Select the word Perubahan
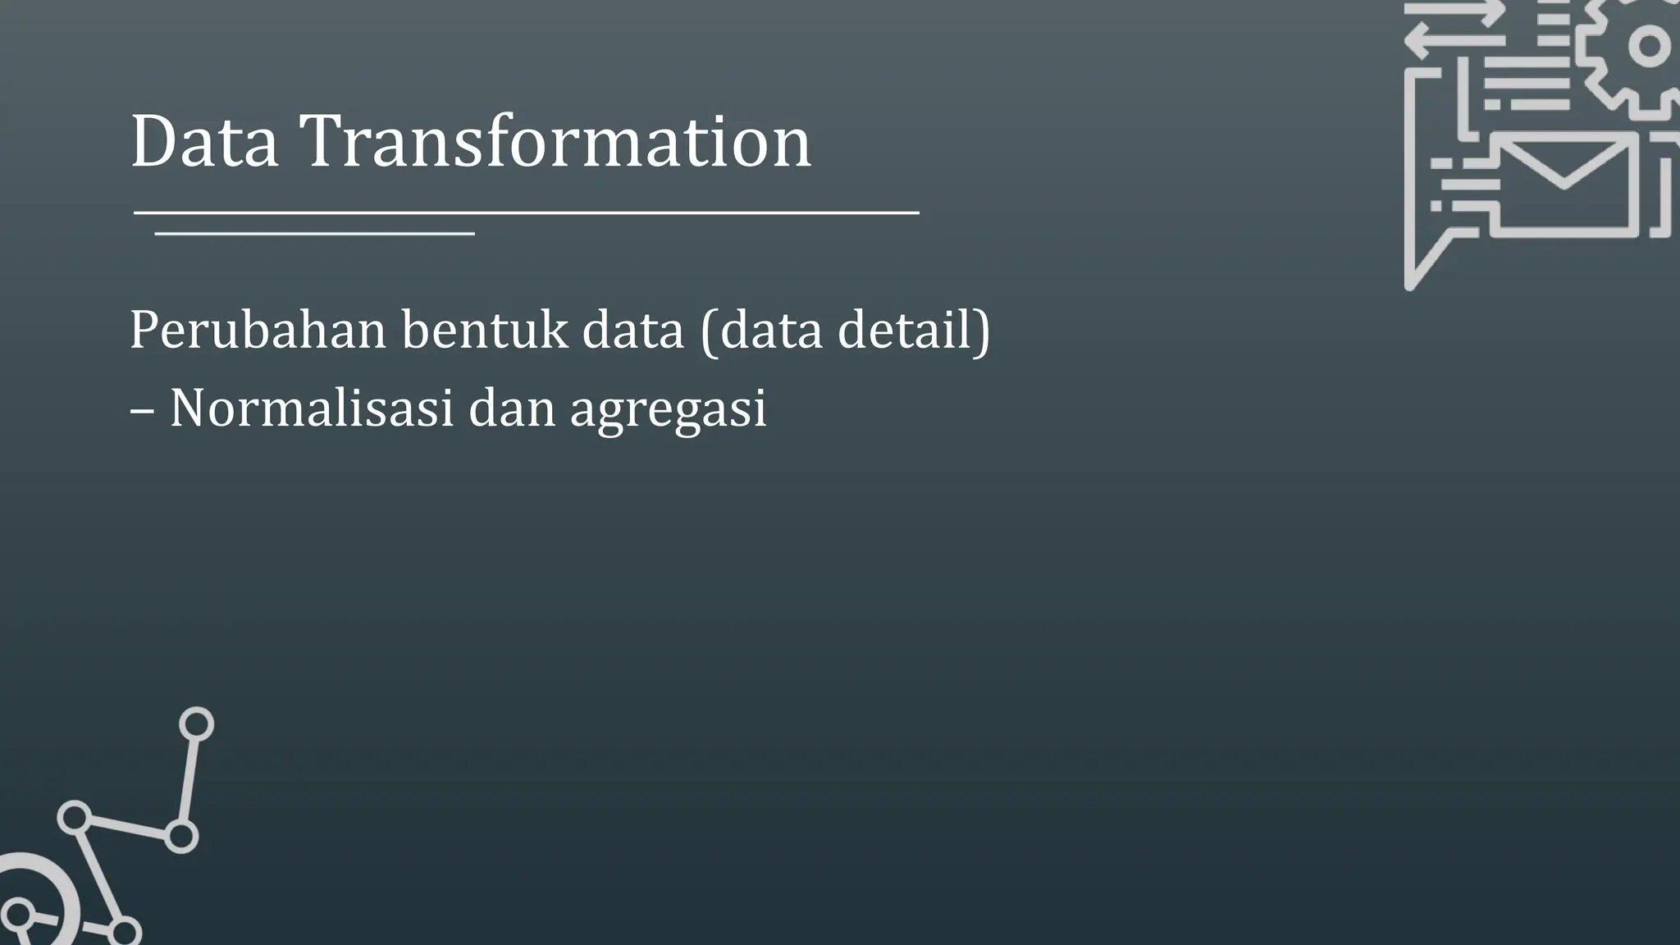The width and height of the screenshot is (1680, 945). pos(258,331)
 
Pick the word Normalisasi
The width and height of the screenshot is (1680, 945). pos(312,408)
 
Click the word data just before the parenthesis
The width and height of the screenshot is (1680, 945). pos(632,331)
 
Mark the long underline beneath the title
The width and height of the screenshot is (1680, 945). pos(525,213)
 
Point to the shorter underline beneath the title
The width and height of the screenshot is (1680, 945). pos(314,235)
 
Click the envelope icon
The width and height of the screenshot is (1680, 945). pos(1564,185)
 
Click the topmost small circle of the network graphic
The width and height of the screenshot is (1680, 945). pos(196,724)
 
